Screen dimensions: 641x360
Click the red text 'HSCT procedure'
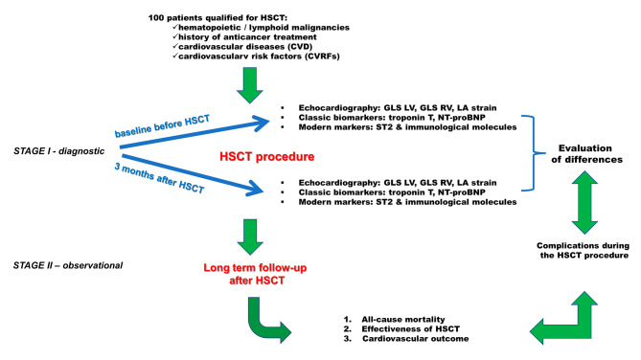pyautogui.click(x=267, y=156)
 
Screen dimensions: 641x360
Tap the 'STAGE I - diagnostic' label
pyautogui.click(x=58, y=151)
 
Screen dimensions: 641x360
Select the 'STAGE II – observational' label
pyautogui.click(x=68, y=265)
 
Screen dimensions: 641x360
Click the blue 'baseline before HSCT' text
pyautogui.click(x=162, y=125)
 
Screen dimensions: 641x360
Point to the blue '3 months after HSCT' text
pyautogui.click(x=159, y=178)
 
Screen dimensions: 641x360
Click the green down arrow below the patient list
pyautogui.click(x=250, y=85)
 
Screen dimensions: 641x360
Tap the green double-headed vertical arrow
pyautogui.click(x=584, y=202)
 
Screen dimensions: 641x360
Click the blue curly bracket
pyautogui.click(x=533, y=153)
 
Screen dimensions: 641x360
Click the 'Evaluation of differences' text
pyautogui.click(x=586, y=153)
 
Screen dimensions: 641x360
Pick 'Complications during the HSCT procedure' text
pyautogui.click(x=583, y=251)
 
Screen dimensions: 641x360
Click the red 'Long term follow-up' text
pyautogui.click(x=255, y=268)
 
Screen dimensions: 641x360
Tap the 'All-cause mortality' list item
pyautogui.click(x=403, y=319)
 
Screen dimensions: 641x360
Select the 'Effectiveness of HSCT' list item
pyautogui.click(x=410, y=329)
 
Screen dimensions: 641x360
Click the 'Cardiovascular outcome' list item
pyautogui.click(x=415, y=339)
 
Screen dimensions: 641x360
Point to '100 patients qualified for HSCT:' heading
pyautogui.click(x=217, y=18)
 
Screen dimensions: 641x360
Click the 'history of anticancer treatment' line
pyautogui.click(x=247, y=37)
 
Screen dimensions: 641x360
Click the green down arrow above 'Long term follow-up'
pyautogui.click(x=250, y=237)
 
